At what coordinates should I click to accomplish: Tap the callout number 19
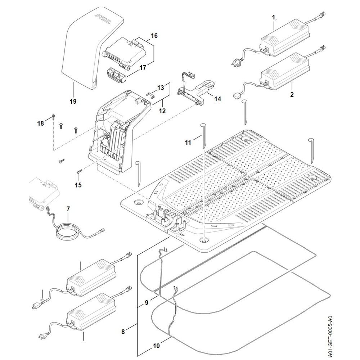73,102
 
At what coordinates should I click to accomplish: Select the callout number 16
154,36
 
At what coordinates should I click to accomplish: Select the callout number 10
156,346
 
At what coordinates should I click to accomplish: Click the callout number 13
161,87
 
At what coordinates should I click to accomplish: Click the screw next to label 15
78,172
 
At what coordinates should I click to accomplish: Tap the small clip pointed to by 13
150,94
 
